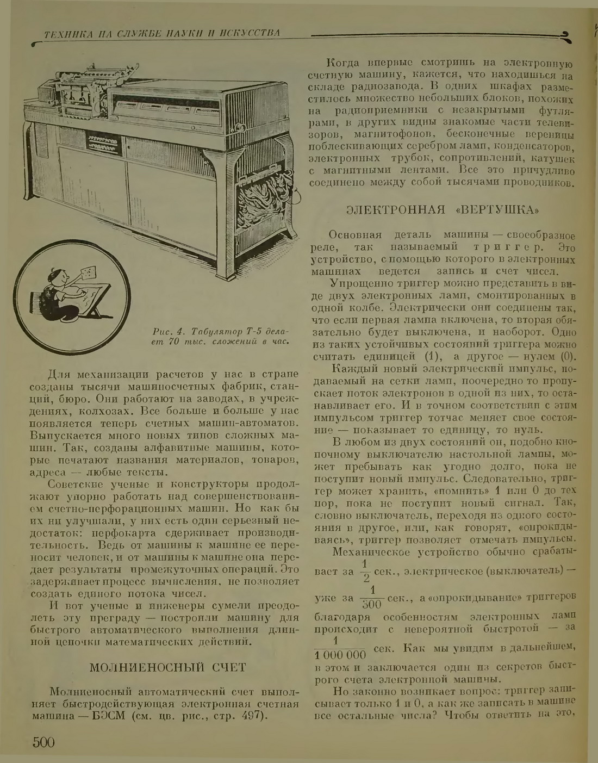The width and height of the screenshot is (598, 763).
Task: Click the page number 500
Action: pos(43,742)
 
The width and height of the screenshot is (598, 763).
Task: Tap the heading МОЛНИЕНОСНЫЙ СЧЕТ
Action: pos(167,667)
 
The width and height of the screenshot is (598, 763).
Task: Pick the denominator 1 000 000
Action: pos(341,654)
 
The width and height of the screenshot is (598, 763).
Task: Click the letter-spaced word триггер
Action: pos(509,247)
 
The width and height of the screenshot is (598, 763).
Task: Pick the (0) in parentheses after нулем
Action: pos(565,357)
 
